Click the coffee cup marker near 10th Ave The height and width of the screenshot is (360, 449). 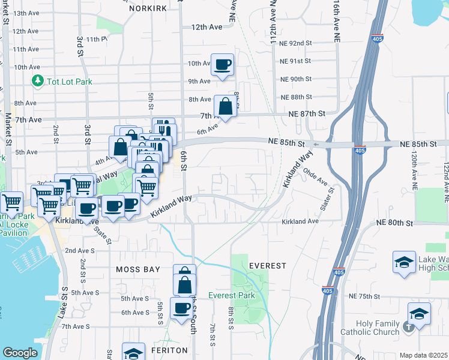(221, 64)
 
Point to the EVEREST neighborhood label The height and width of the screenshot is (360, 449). (268, 265)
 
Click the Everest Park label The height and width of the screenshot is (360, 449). (232, 295)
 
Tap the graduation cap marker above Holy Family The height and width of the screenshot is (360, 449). (419, 313)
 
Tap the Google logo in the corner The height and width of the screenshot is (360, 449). (20, 353)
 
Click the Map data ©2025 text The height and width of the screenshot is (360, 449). (424, 355)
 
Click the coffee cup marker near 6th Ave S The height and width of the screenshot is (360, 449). (181, 308)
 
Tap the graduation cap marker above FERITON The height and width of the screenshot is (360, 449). (133, 353)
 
